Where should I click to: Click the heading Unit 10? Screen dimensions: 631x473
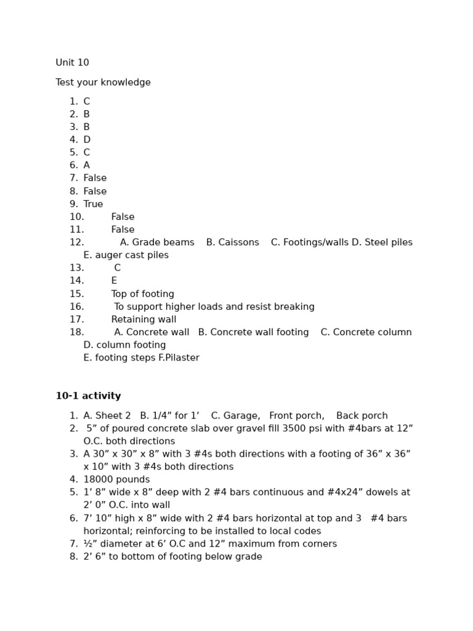[72, 63]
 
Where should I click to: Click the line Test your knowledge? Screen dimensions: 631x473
[103, 83]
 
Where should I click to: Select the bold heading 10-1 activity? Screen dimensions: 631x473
[88, 396]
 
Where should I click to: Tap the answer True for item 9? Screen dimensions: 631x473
[93, 204]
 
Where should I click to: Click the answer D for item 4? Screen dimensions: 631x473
[87, 140]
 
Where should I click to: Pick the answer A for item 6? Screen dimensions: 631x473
[87, 165]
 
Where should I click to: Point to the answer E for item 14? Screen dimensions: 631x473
[114, 281]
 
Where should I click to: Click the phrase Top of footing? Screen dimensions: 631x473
[142, 294]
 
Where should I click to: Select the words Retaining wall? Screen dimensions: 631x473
[144, 319]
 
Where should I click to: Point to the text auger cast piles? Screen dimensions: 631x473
[131, 255]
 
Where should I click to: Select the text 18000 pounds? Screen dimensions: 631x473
[116, 479]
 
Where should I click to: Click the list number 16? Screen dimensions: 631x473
[76, 307]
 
